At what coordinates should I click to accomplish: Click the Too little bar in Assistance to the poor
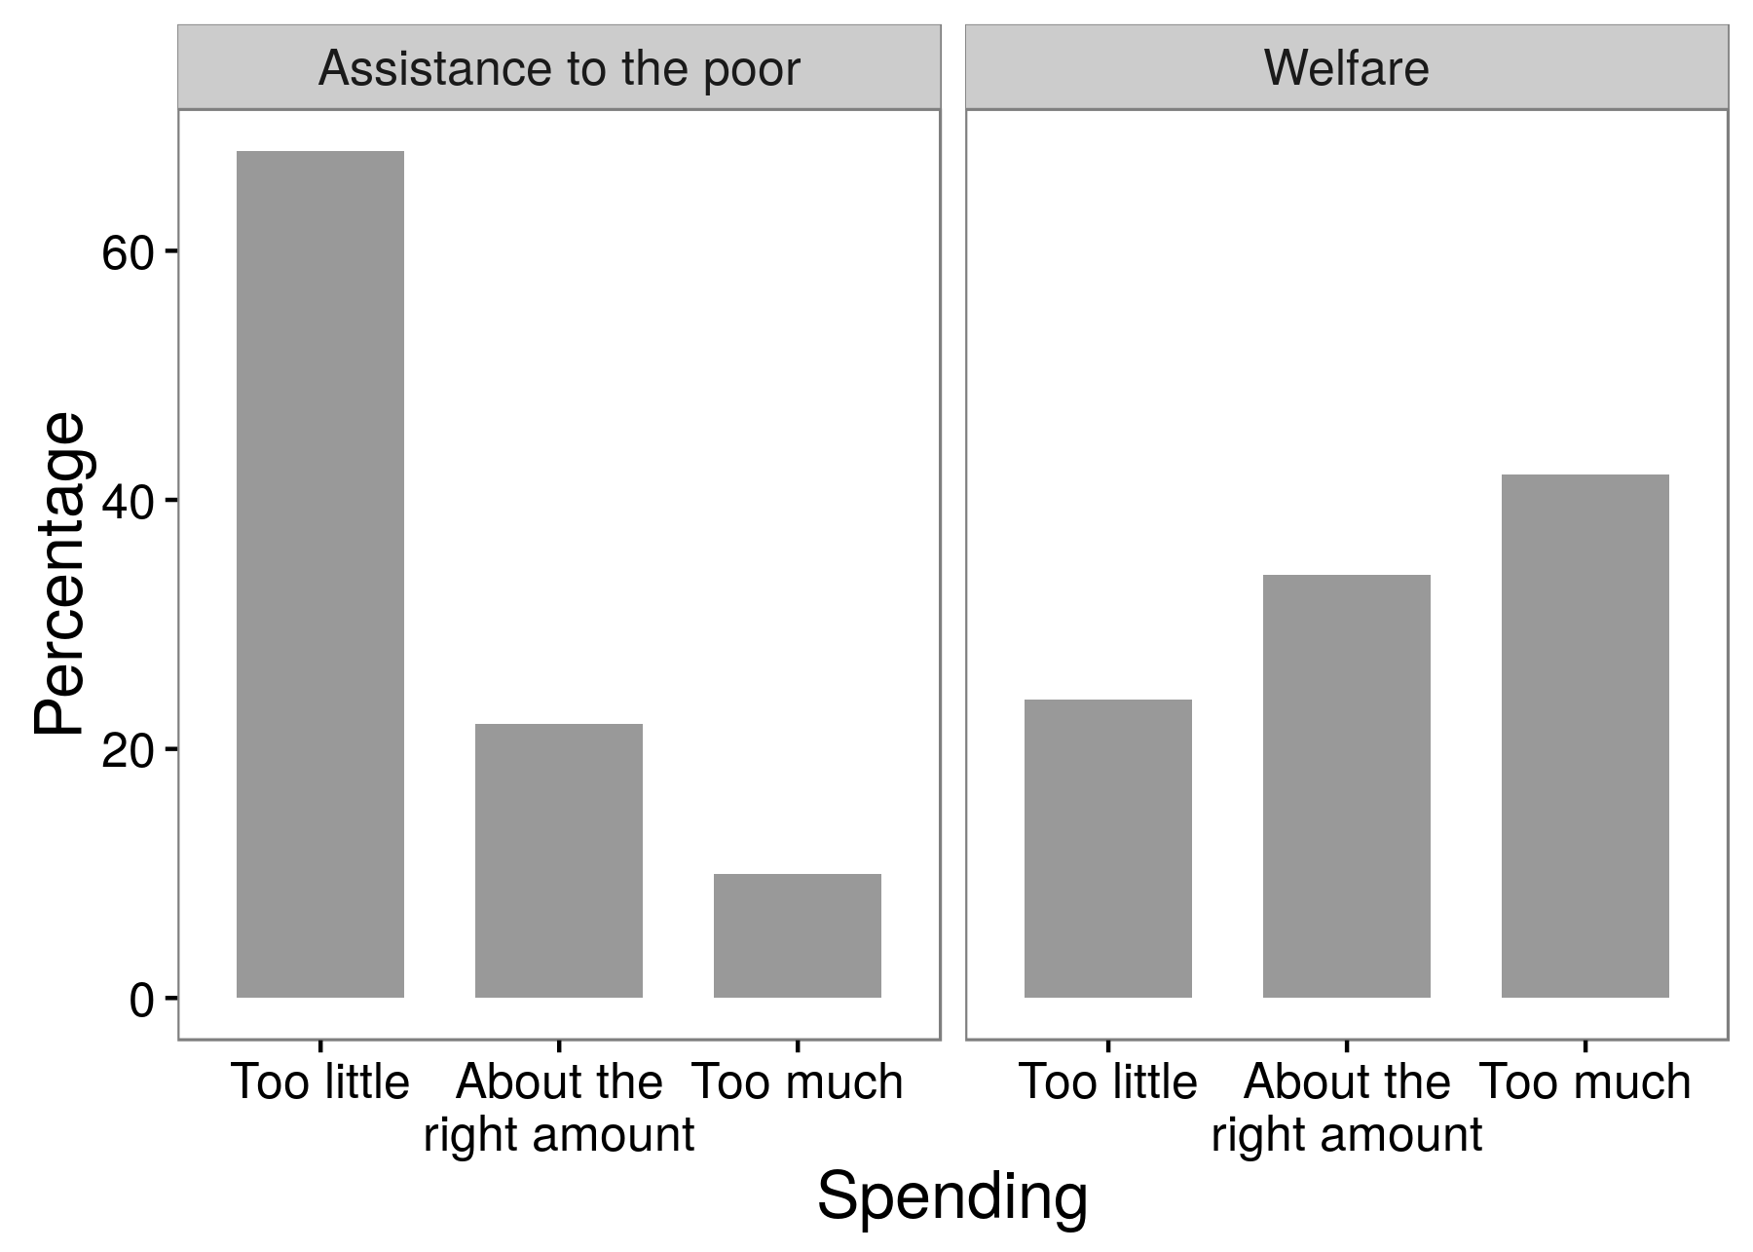pyautogui.click(x=319, y=574)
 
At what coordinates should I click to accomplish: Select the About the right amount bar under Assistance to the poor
pyautogui.click(x=558, y=860)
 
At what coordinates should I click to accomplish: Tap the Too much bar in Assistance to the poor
pyautogui.click(x=797, y=935)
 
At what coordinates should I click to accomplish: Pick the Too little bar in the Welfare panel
pyautogui.click(x=1107, y=848)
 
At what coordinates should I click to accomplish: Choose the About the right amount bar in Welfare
pyautogui.click(x=1346, y=785)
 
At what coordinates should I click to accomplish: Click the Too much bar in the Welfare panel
pyautogui.click(x=1585, y=736)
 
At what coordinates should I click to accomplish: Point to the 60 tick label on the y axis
pyautogui.click(x=128, y=252)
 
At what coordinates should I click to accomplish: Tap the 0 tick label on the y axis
pyautogui.click(x=141, y=1000)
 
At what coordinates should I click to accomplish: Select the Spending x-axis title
pyautogui.click(x=951, y=1196)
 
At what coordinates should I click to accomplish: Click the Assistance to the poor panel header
pyautogui.click(x=558, y=68)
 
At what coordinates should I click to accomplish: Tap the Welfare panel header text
pyautogui.click(x=1346, y=68)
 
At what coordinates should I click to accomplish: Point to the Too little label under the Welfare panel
pyautogui.click(x=1107, y=1082)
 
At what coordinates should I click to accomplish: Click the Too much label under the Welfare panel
pyautogui.click(x=1585, y=1082)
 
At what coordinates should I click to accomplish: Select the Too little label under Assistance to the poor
pyautogui.click(x=319, y=1082)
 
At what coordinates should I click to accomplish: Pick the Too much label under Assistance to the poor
pyautogui.click(x=797, y=1082)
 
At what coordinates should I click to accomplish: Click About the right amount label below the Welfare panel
pyautogui.click(x=1346, y=1108)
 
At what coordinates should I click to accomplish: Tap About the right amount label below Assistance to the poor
pyautogui.click(x=558, y=1108)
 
